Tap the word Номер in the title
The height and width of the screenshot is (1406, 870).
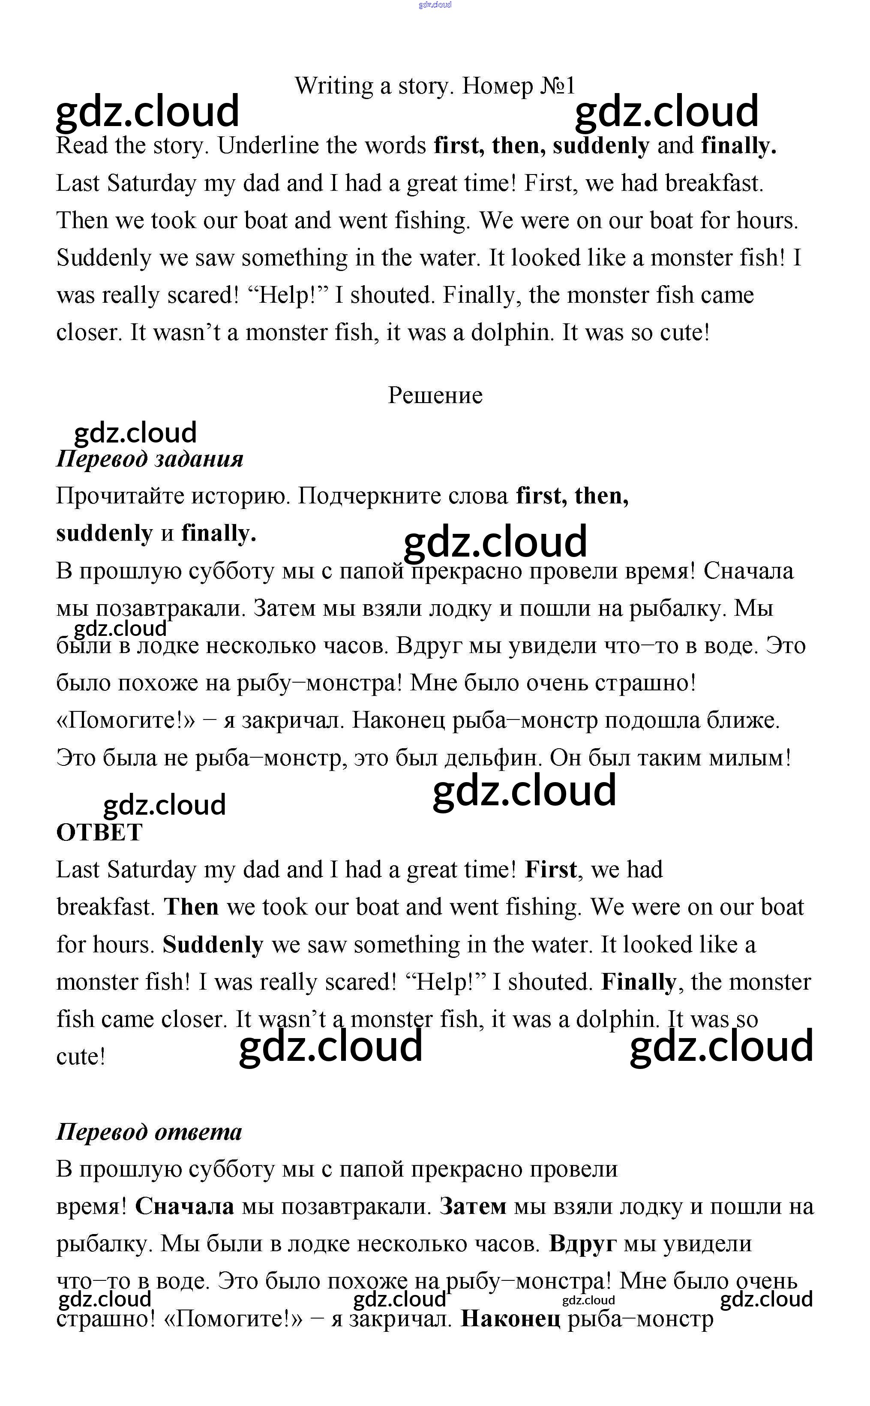pos(497,86)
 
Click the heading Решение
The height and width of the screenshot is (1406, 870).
pos(435,395)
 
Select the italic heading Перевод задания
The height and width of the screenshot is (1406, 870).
pos(150,459)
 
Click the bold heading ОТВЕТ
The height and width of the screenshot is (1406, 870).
pos(99,832)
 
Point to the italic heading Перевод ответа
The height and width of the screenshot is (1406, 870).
pos(149,1132)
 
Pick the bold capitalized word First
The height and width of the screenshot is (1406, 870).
pos(551,870)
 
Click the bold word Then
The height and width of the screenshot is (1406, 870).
pos(192,907)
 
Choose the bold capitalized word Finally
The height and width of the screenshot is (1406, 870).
pos(639,982)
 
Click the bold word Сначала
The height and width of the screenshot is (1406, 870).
pos(184,1206)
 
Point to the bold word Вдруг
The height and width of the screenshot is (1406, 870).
pos(582,1243)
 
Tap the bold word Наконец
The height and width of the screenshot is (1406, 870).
pos(510,1319)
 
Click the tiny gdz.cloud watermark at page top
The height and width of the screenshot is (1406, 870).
pos(435,5)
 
